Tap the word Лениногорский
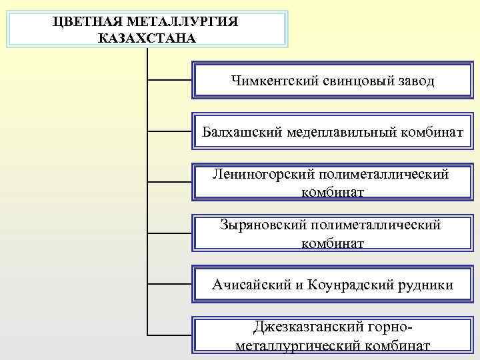pyautogui.click(x=263, y=175)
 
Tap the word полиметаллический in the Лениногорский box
pyautogui.click(x=384, y=175)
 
